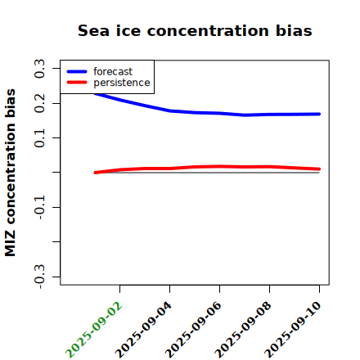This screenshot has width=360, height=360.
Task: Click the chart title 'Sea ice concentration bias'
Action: click(x=195, y=30)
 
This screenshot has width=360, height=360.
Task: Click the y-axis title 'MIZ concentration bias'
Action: click(x=11, y=173)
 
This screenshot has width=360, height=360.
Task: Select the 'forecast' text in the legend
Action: click(x=113, y=71)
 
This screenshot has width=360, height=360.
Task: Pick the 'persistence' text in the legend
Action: click(x=122, y=83)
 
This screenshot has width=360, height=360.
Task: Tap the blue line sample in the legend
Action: click(x=77, y=71)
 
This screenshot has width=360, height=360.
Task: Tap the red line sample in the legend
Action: click(x=77, y=83)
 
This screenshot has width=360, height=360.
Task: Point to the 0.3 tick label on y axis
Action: click(x=39, y=69)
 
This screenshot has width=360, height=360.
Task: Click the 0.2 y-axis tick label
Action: click(x=39, y=103)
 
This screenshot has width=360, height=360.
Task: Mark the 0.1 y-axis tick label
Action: click(x=39, y=138)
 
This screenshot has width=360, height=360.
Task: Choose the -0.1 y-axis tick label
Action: click(x=39, y=209)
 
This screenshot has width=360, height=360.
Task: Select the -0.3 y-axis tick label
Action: click(x=39, y=277)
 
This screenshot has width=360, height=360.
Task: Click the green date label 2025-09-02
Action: click(x=94, y=330)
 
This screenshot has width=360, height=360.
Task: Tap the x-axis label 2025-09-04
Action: click(x=144, y=330)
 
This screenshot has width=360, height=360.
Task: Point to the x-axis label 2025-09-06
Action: click(x=194, y=330)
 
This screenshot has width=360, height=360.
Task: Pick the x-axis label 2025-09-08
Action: click(x=244, y=330)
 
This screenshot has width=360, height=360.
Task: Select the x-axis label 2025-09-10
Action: click(x=293, y=330)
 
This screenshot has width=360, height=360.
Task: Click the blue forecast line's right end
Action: click(x=319, y=114)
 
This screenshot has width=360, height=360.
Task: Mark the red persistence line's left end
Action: click(x=95, y=173)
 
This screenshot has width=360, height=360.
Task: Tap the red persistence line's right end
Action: click(x=319, y=169)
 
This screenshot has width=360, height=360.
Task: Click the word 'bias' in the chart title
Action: click(x=294, y=30)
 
